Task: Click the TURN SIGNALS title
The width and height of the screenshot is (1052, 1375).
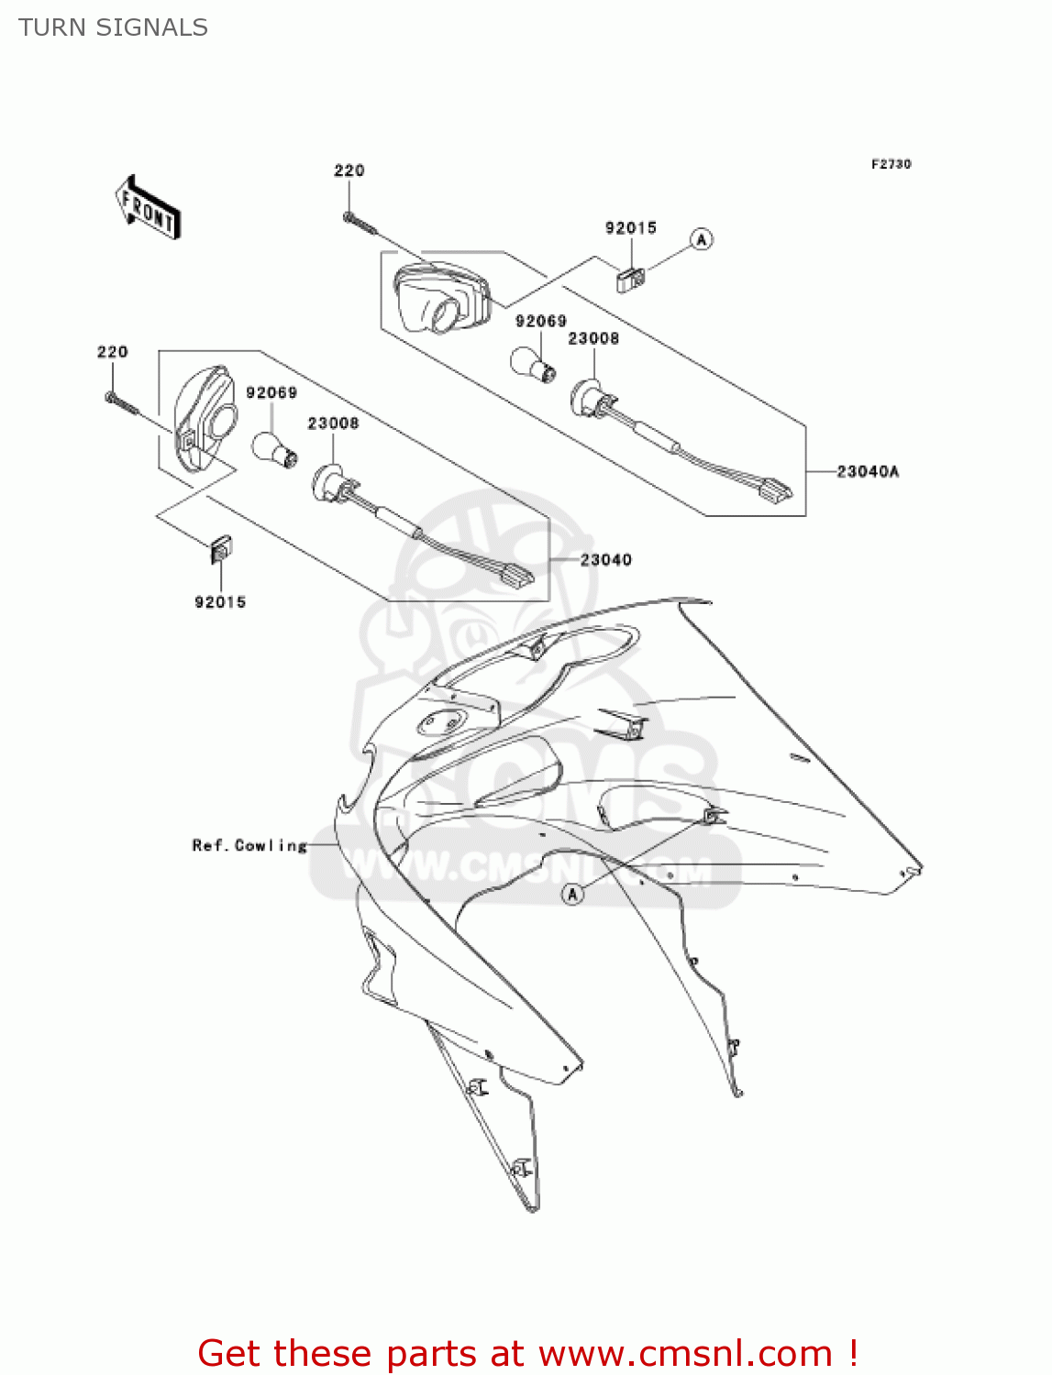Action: (x=113, y=27)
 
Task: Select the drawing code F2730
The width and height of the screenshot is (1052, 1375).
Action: (x=891, y=164)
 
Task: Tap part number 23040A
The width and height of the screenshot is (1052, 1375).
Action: (x=868, y=471)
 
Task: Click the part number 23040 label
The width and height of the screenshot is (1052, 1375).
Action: (x=605, y=559)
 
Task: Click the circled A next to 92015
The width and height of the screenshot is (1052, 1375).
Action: (x=702, y=239)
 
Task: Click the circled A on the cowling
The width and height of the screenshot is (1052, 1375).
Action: (x=573, y=894)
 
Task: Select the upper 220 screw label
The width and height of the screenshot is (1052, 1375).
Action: (x=349, y=170)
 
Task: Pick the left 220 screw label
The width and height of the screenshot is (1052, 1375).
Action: (x=113, y=352)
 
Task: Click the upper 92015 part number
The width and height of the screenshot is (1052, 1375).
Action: (x=630, y=228)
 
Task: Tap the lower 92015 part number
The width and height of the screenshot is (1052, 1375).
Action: (x=220, y=602)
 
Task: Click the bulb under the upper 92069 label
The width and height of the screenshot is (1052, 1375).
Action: (x=533, y=363)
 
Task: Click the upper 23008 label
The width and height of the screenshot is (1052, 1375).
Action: (x=593, y=338)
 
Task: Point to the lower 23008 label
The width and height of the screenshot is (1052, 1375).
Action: (x=333, y=423)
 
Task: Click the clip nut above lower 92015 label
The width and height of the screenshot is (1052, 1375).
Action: (x=220, y=549)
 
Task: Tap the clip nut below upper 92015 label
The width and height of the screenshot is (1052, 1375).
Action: (x=630, y=279)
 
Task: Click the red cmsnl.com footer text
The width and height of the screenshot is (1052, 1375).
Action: (x=527, y=1353)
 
